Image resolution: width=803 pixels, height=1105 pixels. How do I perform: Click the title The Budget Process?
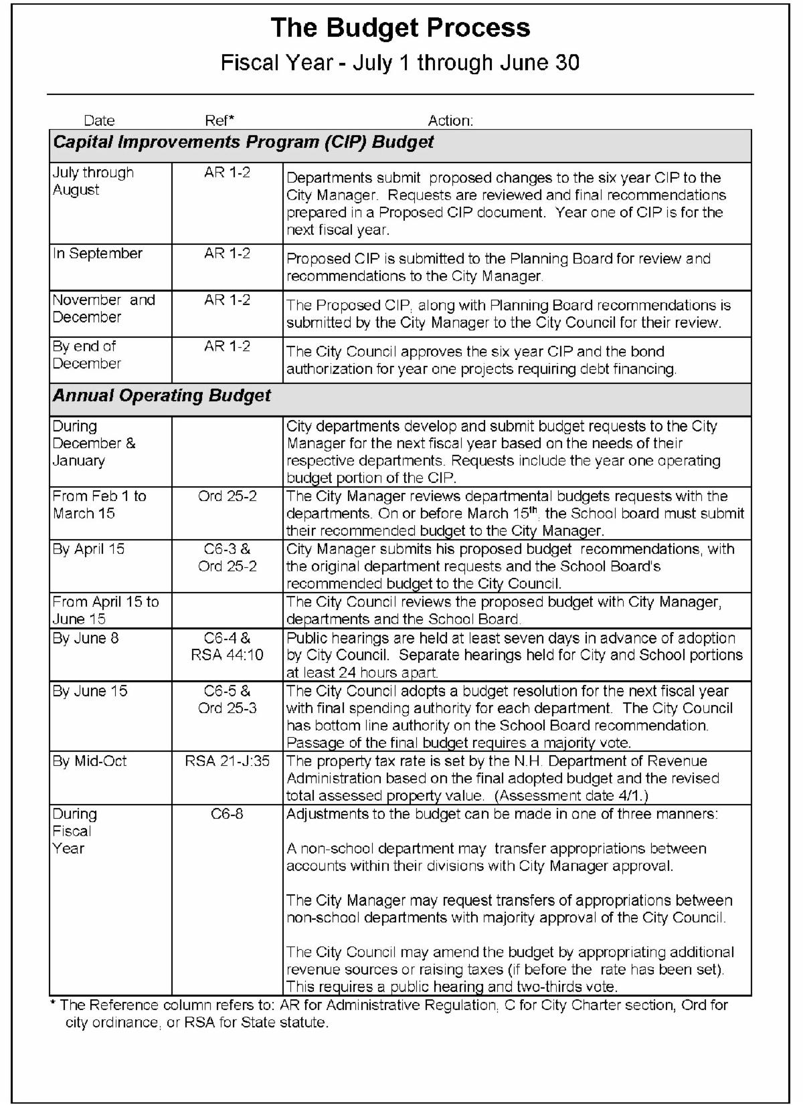pos(400,29)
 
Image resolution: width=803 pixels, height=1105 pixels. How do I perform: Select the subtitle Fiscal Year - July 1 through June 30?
pos(400,63)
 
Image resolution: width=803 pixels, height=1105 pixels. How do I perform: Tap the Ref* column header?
pos(219,120)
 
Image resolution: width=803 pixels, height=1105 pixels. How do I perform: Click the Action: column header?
pos(450,120)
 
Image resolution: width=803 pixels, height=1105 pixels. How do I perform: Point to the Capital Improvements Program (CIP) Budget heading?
pos(244,142)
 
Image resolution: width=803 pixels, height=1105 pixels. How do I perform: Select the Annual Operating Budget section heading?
pos(162,395)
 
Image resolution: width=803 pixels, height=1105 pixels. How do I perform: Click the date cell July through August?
pos(93,181)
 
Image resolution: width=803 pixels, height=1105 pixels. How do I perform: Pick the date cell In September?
pos(98,254)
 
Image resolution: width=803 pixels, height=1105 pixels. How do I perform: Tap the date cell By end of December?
pos(87,355)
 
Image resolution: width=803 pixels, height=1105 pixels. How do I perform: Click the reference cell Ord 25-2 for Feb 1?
pos(227,496)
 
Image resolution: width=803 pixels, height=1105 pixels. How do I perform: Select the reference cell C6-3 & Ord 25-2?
pos(227,558)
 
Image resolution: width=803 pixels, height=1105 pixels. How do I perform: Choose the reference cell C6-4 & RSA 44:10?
pos(227,647)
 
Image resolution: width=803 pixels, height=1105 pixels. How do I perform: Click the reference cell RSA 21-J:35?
pos(227,761)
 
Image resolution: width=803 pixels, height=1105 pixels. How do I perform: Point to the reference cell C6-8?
pos(227,814)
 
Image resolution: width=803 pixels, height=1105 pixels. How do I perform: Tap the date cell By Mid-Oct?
pos(90,761)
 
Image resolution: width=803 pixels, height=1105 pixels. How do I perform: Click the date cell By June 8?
pos(86,638)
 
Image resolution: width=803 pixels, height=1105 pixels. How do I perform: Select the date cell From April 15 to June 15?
pos(106,610)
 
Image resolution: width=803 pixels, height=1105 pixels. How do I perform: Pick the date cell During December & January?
pos(94,443)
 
